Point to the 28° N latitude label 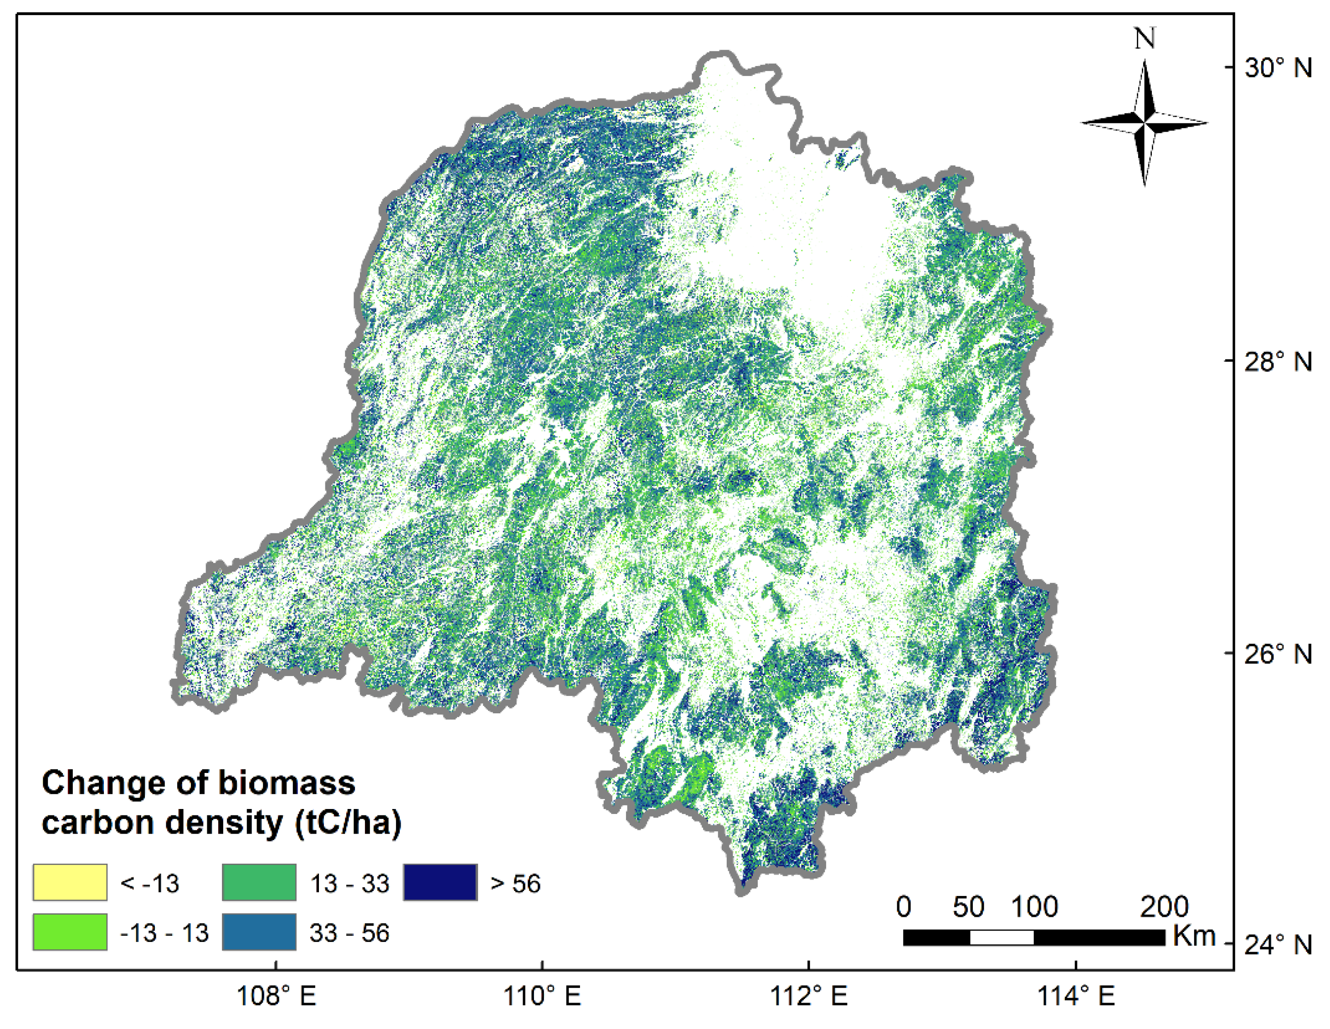(x=1278, y=362)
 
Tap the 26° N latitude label (x=1278, y=655)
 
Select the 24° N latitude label (x=1278, y=945)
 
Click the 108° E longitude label (x=276, y=997)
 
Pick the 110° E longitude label (x=542, y=997)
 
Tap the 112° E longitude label (x=809, y=997)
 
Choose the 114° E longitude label (x=1075, y=997)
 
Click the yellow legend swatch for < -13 (x=70, y=882)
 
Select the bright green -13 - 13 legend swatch (x=70, y=932)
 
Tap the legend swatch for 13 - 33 (x=259, y=882)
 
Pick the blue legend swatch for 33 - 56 (x=259, y=932)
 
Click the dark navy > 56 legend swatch (x=440, y=882)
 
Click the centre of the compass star (x=1145, y=123)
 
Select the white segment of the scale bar (x=1002, y=937)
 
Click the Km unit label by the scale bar (x=1194, y=936)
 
